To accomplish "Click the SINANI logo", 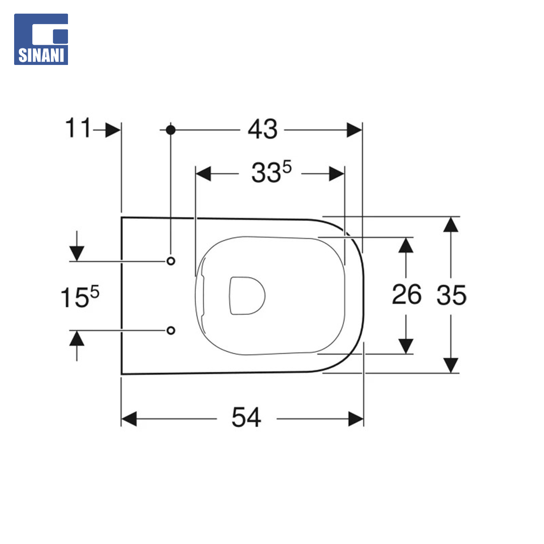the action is [x=41, y=39].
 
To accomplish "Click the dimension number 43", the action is [x=262, y=129].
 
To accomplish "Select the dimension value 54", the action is [x=246, y=418].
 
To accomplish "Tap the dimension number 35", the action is [x=451, y=295].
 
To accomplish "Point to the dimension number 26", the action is [x=406, y=295].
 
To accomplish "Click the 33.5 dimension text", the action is [x=271, y=172].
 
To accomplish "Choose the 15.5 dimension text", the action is [x=80, y=297].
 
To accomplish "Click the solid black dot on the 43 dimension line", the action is [x=170, y=130].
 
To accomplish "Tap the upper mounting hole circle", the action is [x=171, y=261].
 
